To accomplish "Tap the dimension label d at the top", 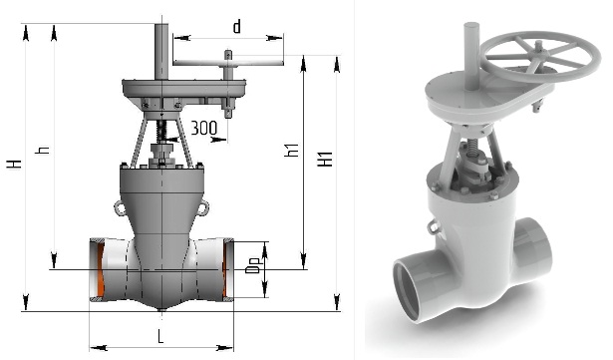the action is (x=237, y=26).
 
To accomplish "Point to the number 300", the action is (x=203, y=128).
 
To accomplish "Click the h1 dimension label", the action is (x=292, y=151).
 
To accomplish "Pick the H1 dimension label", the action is (x=325, y=159).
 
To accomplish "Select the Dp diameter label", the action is (x=252, y=265).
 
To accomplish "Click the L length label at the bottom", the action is (x=160, y=336).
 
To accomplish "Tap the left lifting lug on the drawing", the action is (x=120, y=207).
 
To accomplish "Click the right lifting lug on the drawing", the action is (x=203, y=207).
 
